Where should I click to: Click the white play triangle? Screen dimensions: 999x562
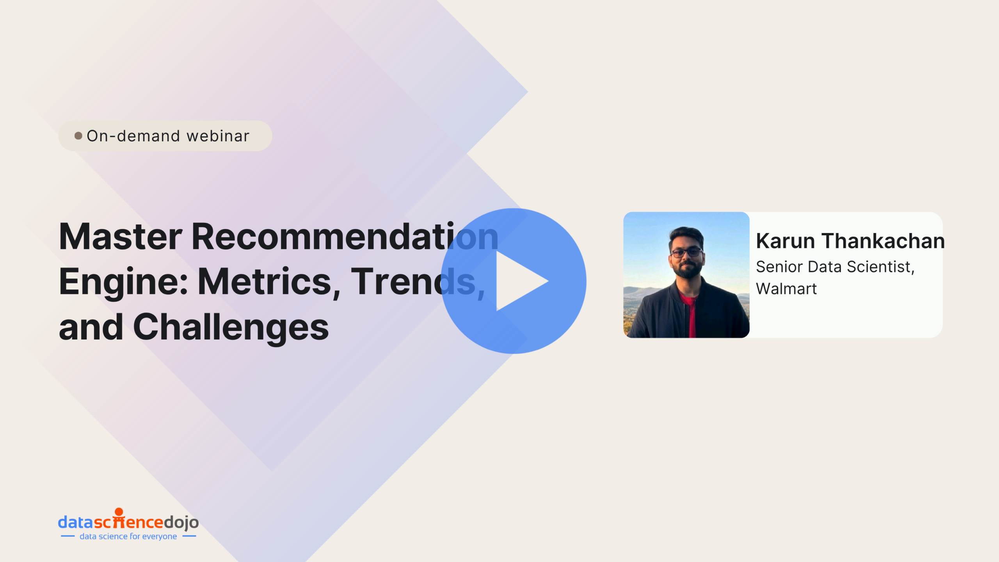coord(517,281)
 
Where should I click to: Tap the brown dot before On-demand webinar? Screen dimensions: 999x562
coord(78,136)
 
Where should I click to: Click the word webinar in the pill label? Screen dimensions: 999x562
coord(218,136)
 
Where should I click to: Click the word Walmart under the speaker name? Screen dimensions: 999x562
coord(786,289)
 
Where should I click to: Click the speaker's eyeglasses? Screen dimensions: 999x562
coord(686,252)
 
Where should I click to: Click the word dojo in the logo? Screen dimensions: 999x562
coord(181,522)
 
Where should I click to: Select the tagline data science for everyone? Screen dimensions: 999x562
coord(128,537)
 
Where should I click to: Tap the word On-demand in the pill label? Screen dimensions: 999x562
coord(133,136)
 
